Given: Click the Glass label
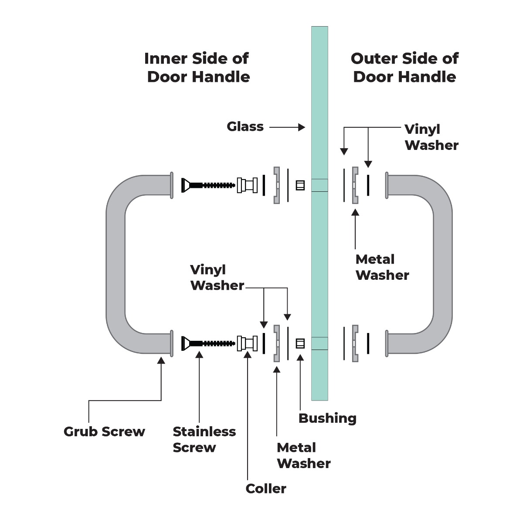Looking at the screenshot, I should click(245, 127).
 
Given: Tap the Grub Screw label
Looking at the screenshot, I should click(104, 431).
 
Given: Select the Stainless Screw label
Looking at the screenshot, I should click(204, 439).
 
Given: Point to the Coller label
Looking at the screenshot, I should click(266, 489).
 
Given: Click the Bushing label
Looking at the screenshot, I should click(327, 418).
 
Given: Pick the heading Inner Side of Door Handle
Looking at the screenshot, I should click(198, 68).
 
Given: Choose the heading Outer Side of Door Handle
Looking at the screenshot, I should click(404, 68).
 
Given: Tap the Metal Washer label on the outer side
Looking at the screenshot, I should click(382, 267).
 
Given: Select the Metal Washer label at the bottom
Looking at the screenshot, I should click(303, 455).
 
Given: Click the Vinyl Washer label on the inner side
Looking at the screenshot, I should click(217, 278).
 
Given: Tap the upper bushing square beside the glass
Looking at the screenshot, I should click(300, 185).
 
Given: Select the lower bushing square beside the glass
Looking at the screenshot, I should click(300, 343).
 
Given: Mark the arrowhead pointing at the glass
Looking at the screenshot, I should click(302, 127).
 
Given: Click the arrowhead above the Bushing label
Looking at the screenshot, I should click(300, 358).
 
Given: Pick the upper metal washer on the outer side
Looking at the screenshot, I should click(355, 185).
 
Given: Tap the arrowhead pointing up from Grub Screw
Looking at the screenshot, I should click(161, 360).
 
